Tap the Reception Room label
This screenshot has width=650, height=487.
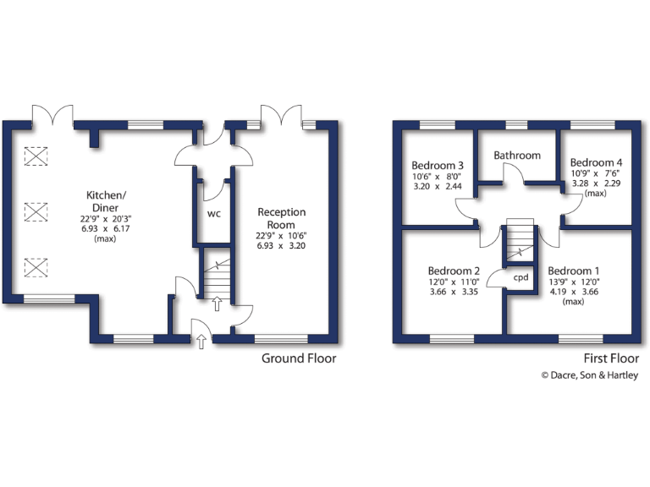[x=282, y=218]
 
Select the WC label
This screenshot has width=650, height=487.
[x=213, y=213]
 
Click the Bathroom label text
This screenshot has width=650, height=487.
[x=517, y=156]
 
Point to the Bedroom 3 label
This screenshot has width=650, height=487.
[x=438, y=165]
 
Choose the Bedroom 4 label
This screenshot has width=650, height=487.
[x=597, y=162]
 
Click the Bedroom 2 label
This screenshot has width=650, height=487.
[x=454, y=272]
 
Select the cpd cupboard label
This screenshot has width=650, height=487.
[x=521, y=277]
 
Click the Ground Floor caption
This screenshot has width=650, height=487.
[x=298, y=358]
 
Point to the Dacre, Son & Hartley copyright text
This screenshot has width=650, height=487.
[x=590, y=376]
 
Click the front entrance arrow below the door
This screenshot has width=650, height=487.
[x=201, y=342]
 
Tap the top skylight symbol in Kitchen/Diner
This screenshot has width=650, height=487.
[x=36, y=156]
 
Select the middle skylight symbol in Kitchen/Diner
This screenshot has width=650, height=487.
[x=36, y=212]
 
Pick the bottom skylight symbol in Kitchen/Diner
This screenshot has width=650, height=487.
[x=36, y=268]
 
